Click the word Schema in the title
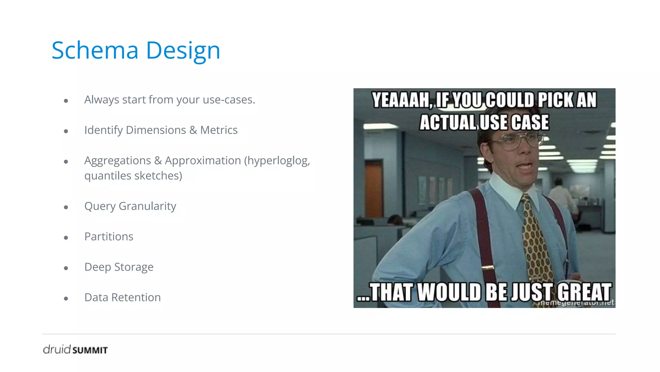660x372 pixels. coord(95,51)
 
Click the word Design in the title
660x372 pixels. coord(183,51)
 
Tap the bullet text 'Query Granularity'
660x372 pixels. coord(130,206)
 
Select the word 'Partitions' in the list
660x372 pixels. coord(109,236)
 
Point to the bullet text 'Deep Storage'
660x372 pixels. coord(119,267)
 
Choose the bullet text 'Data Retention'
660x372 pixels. coord(122,297)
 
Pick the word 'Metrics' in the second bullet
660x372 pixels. coord(219,130)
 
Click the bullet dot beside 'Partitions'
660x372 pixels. coord(66,238)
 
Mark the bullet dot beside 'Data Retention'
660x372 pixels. coord(66,299)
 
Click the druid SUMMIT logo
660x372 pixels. coord(75,349)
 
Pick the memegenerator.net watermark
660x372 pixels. coord(577,303)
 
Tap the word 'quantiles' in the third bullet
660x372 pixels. coord(108,176)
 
